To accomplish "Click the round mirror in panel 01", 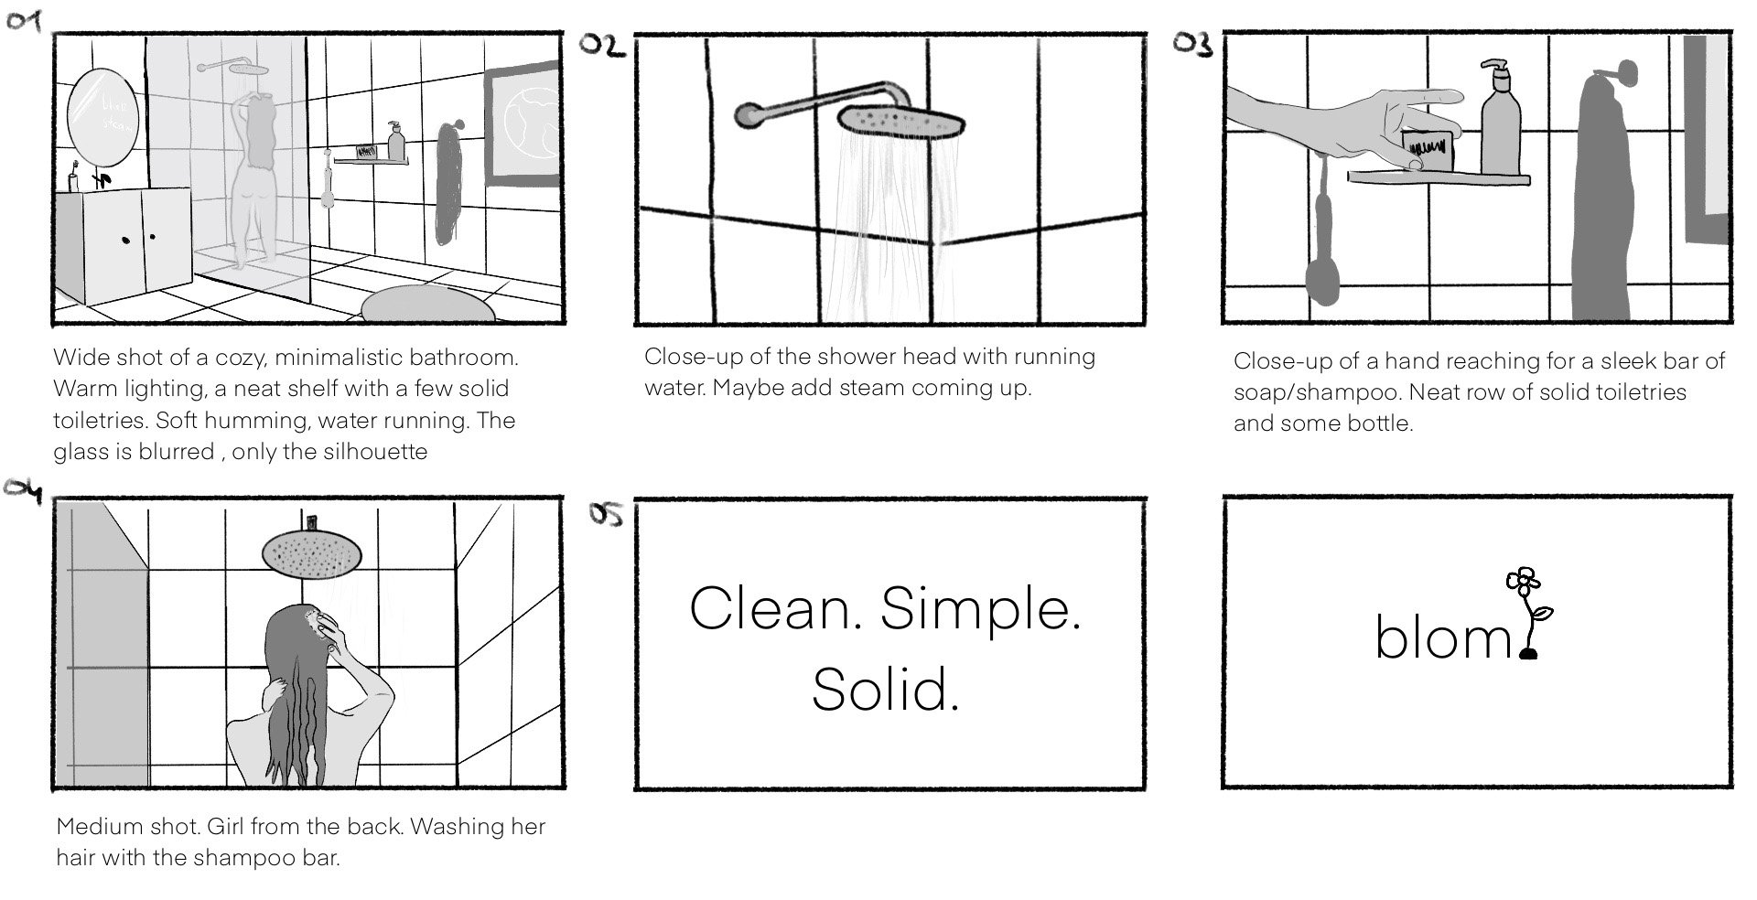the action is [x=102, y=113].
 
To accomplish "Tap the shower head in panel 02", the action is [x=902, y=121].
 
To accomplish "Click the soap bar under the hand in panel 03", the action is [x=1428, y=148].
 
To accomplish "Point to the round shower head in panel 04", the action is [x=311, y=552].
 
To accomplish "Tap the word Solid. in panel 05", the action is [x=885, y=691].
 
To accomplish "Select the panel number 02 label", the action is [x=603, y=46].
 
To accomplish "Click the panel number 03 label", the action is [x=1193, y=44].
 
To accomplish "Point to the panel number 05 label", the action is [x=605, y=515].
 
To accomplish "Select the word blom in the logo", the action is [x=1443, y=637].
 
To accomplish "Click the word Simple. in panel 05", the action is [x=980, y=609].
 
